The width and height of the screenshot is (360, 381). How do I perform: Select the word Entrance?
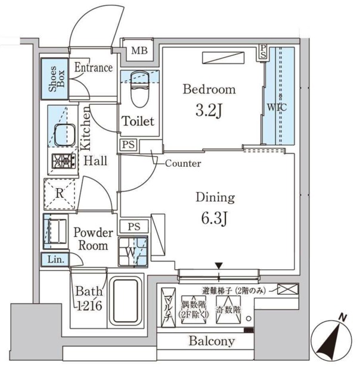point(93,68)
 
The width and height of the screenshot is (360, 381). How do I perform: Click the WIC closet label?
point(277,108)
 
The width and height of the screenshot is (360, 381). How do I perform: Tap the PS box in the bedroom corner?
point(263,52)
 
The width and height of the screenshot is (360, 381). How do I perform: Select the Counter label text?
point(182,163)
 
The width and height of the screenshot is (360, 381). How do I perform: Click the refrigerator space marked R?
point(59,193)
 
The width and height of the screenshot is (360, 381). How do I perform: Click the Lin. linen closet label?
point(55,260)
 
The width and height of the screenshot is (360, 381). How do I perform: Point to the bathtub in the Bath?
point(124,301)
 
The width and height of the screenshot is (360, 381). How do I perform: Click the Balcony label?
point(212,342)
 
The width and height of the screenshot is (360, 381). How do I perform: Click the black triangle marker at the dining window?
point(218,266)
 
